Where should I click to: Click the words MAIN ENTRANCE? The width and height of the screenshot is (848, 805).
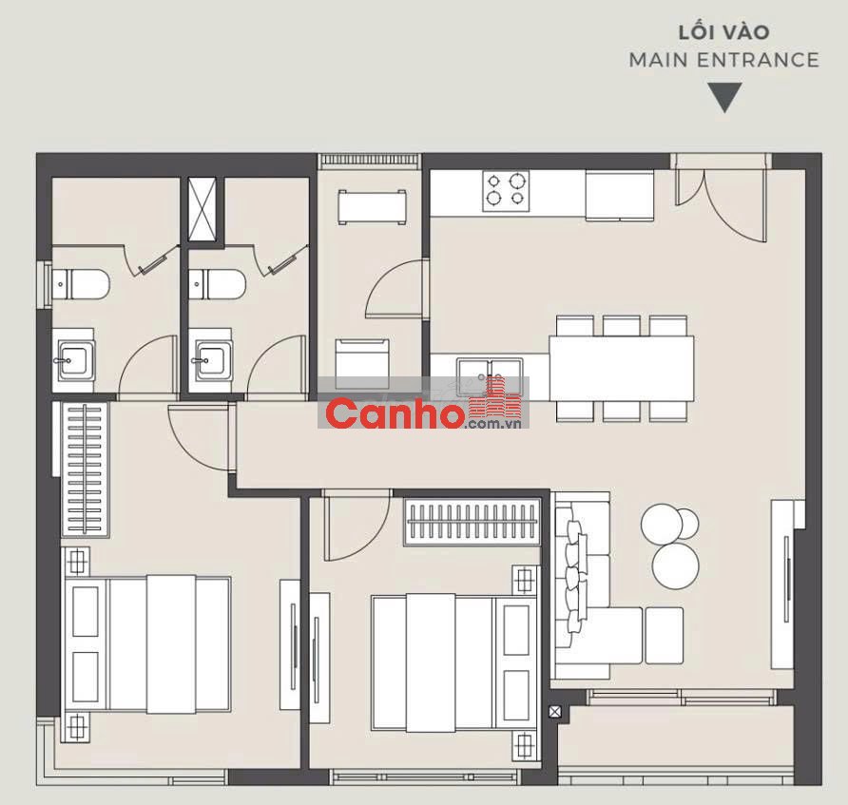[723, 60]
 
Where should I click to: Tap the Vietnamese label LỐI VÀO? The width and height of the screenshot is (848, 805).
[723, 32]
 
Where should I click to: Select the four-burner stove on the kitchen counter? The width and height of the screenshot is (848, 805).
[506, 191]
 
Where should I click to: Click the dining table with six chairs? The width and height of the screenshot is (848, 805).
[622, 368]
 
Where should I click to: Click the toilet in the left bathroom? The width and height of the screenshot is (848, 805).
[81, 284]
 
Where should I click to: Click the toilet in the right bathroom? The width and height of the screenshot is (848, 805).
[217, 284]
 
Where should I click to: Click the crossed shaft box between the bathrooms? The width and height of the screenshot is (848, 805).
[202, 209]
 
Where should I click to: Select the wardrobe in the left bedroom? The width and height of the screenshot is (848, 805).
[85, 470]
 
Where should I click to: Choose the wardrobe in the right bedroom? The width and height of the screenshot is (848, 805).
[472, 522]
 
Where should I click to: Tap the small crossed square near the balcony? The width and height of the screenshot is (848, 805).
[555, 712]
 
